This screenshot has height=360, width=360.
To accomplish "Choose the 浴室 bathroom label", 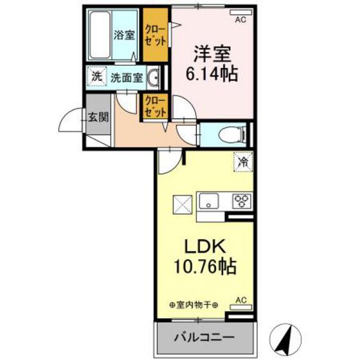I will (x=124, y=35).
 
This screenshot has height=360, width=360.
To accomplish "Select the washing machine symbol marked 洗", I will (x=96, y=77).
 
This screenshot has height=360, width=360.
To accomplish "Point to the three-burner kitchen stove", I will (x=242, y=201).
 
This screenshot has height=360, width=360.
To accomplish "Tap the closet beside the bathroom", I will (x=154, y=35).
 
